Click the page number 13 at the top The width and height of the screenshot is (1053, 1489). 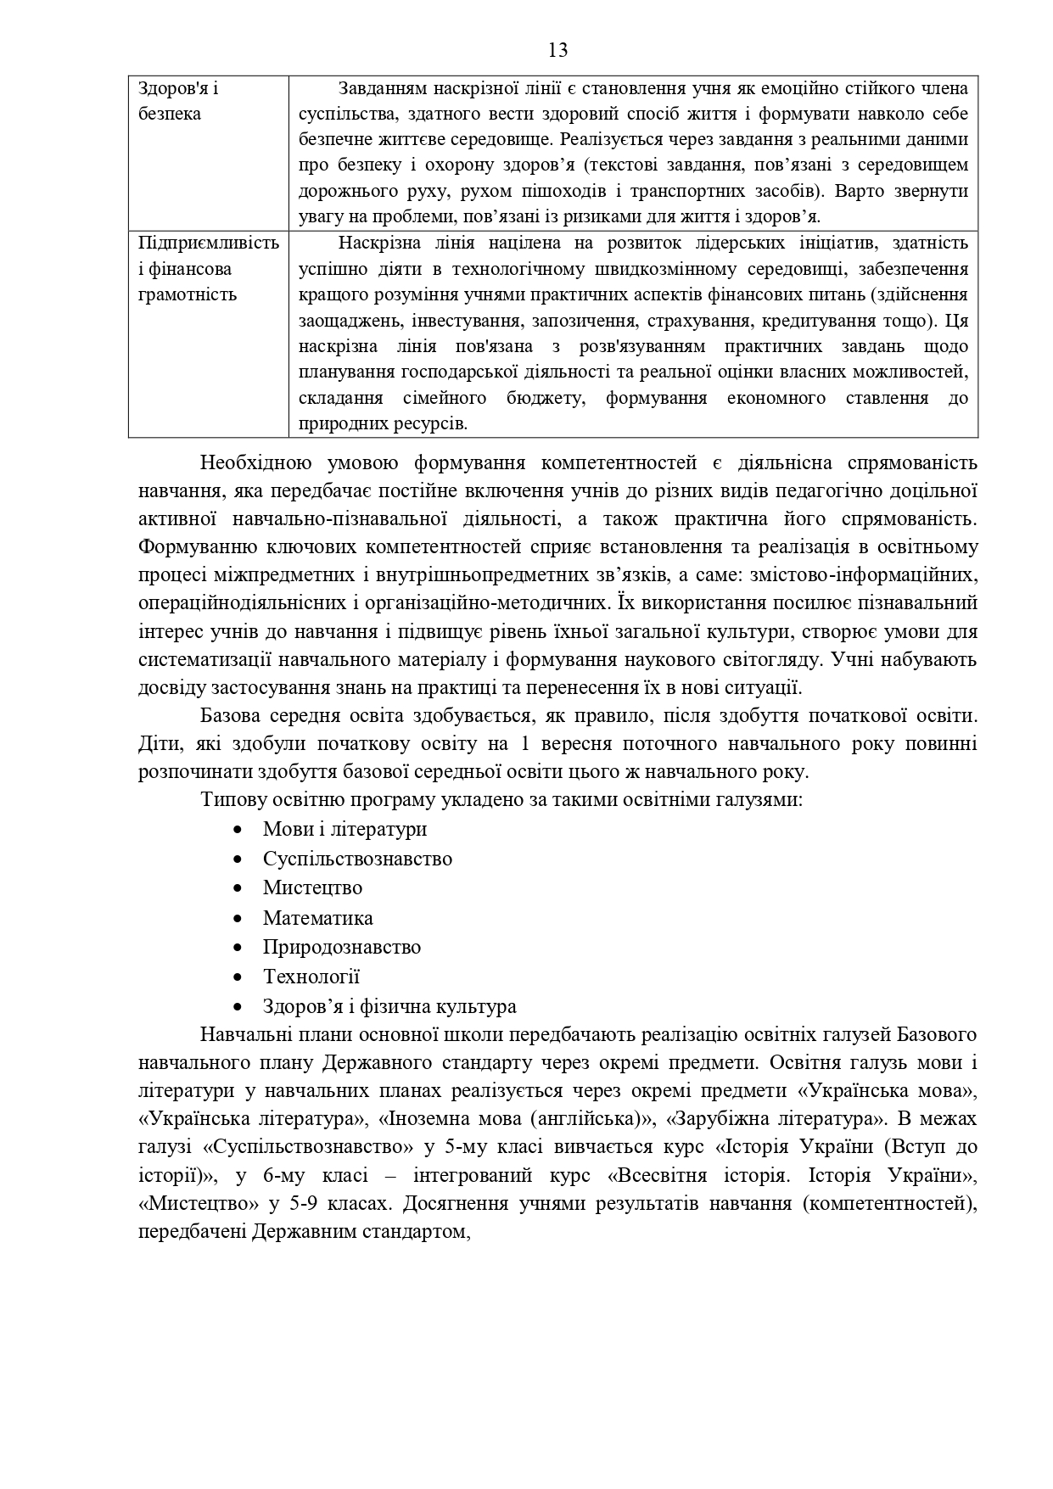click(557, 50)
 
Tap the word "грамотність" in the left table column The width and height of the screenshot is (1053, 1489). click(188, 295)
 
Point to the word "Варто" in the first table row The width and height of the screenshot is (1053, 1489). click(855, 191)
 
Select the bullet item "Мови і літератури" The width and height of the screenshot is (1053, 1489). click(344, 829)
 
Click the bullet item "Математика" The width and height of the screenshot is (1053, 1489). click(317, 918)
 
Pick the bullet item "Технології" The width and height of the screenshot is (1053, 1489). click(311, 977)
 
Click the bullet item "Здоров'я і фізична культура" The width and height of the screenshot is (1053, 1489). click(389, 1007)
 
